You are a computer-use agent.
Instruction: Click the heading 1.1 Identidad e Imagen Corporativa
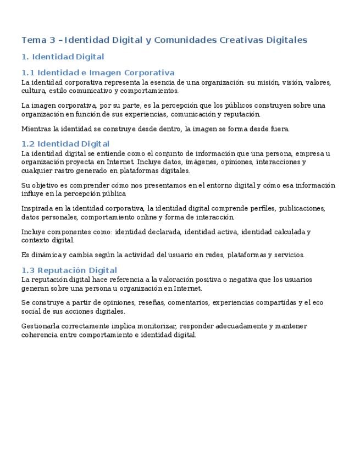point(98,73)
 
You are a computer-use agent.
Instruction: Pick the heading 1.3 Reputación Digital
point(69,270)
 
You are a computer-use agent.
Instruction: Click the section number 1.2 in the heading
point(27,144)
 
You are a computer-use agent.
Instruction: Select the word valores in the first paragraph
point(318,82)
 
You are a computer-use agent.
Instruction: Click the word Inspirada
point(38,208)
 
